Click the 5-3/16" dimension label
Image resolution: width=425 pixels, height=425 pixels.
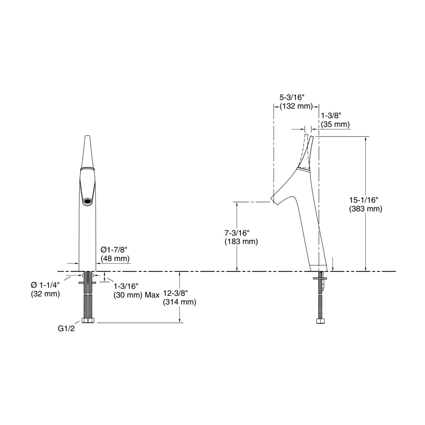pos(292,97)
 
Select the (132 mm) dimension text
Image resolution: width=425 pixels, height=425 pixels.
pos(296,106)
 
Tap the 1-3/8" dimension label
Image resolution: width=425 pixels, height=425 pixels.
pos(331,116)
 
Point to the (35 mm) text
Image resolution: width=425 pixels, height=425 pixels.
pos(335,124)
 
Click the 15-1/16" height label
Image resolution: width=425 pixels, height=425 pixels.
pos(364,200)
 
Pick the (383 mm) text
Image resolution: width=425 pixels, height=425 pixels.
pos(366,209)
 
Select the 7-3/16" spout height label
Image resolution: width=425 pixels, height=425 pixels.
pos(237,233)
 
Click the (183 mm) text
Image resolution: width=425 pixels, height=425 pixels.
pos(241,241)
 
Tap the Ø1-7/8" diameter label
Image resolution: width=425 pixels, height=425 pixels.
pos(114,250)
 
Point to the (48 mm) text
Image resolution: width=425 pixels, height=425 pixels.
pos(115,259)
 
